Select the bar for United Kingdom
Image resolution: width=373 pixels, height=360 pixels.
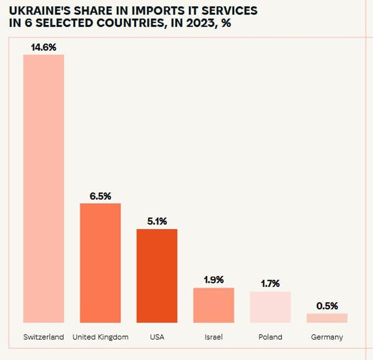point(100,263)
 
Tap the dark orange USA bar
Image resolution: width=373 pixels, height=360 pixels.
point(157,276)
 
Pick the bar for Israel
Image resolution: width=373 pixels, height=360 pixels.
point(214,305)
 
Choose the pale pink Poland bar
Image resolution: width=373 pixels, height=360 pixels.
point(270,307)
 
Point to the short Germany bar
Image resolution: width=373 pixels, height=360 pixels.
point(327,318)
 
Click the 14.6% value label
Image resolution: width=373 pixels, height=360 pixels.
point(44,48)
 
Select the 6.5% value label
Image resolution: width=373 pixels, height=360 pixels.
point(100,197)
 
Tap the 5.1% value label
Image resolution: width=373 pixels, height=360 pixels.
point(157,222)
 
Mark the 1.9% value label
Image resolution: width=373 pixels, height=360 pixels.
point(214,280)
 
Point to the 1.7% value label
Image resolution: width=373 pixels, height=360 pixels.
point(270,284)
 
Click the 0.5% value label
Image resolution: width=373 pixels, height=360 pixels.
point(327,306)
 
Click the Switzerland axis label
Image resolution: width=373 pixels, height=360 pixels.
point(44,337)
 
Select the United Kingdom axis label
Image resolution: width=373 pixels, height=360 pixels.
point(100,337)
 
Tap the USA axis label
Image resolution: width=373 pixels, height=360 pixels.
point(157,337)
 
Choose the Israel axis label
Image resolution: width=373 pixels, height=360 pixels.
point(214,337)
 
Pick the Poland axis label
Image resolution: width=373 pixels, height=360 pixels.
point(270,337)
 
